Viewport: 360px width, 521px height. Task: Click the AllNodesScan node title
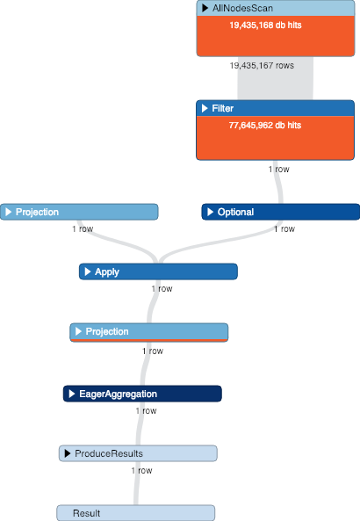(237, 8)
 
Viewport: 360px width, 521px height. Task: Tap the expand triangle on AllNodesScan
(205, 8)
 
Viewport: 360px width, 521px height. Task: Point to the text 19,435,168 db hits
(265, 25)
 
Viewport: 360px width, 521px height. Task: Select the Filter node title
(223, 108)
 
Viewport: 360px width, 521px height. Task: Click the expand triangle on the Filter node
(205, 108)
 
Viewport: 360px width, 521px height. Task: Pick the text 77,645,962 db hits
(265, 126)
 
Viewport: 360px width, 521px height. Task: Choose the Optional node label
(235, 212)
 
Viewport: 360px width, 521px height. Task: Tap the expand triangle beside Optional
(210, 212)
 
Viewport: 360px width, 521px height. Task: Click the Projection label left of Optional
(38, 212)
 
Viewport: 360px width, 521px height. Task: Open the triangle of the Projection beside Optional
(7, 212)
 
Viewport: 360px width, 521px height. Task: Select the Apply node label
(107, 272)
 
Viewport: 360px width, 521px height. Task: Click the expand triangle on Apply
(87, 272)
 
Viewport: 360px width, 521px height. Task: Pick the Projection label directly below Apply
(107, 331)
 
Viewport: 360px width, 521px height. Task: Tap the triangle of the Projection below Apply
(78, 331)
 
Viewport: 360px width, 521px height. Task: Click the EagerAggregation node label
(118, 394)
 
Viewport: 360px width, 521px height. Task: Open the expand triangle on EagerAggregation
(71, 394)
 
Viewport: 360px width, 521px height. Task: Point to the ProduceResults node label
(109, 453)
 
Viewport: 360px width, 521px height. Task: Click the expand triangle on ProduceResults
(67, 453)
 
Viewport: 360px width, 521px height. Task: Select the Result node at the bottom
(86, 513)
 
